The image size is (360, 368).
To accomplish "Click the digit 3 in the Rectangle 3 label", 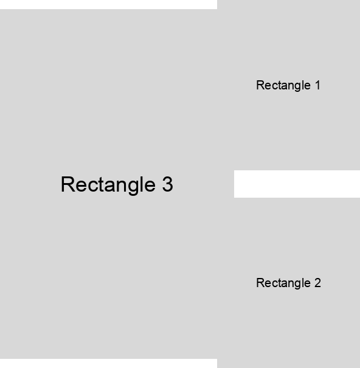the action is coord(168,184).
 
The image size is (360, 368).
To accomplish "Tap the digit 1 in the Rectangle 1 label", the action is coord(318,85).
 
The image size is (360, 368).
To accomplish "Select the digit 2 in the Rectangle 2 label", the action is coord(317,283).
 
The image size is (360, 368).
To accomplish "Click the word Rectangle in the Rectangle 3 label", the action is coord(108,186).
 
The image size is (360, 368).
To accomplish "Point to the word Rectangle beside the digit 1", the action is coord(283,86).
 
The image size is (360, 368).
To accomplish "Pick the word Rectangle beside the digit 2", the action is coord(283,283).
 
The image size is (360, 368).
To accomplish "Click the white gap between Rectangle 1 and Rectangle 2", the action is coord(297,184).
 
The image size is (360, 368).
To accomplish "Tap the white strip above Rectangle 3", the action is coord(108,4).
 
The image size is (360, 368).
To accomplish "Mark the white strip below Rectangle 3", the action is coord(108,363).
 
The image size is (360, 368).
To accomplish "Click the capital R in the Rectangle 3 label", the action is coord(68,184).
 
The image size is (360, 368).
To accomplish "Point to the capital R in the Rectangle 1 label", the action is coord(260,85).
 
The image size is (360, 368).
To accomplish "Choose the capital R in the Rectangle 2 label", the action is coord(260,283).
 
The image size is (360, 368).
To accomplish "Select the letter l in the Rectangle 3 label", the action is coord(143,184).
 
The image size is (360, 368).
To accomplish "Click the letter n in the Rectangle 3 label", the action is coord(122,186).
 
